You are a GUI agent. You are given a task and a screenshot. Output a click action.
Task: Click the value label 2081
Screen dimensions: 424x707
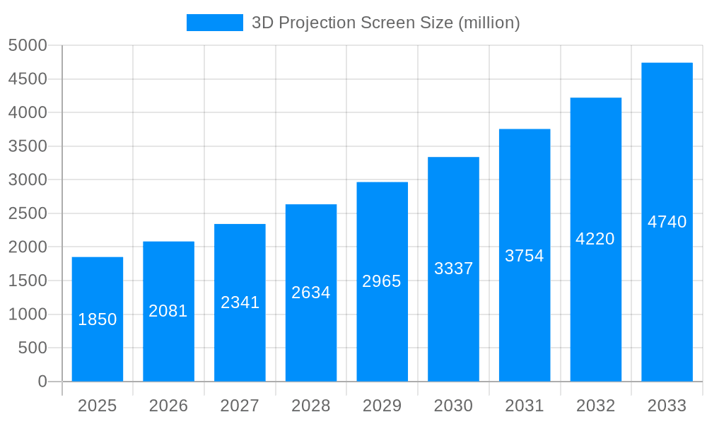[168, 311]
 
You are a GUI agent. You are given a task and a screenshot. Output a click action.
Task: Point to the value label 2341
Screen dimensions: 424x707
[240, 302]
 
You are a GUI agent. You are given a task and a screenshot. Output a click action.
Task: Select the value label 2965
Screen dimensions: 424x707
[382, 281]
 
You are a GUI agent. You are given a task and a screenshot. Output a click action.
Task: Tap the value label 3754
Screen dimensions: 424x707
[525, 256]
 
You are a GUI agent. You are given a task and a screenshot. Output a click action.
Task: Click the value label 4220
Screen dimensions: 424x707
[595, 239]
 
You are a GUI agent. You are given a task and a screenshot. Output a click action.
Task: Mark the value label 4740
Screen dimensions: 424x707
[667, 222]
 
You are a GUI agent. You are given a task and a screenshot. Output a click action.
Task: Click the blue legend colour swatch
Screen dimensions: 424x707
[214, 23]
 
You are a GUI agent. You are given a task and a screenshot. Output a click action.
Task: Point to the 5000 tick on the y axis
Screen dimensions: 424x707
[28, 46]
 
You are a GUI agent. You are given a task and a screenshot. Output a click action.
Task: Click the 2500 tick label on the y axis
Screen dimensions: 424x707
[28, 213]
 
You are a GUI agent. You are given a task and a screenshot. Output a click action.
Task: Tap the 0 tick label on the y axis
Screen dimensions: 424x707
[42, 382]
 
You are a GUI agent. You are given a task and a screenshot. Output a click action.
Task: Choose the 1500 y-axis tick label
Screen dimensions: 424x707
[28, 281]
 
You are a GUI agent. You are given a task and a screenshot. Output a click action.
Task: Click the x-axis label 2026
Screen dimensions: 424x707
[168, 406]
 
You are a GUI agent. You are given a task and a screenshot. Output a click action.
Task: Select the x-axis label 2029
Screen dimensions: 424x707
[382, 406]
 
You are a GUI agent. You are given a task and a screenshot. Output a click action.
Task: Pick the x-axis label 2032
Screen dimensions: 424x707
[595, 406]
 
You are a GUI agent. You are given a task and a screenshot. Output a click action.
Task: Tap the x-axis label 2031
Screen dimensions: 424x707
[525, 406]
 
